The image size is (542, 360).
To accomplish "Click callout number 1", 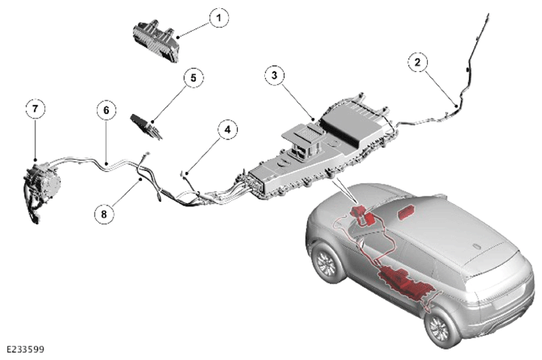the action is [218, 17].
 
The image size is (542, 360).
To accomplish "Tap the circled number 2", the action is [417, 62].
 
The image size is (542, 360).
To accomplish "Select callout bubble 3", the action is [275, 75].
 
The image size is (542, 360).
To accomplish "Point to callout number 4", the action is [227, 130].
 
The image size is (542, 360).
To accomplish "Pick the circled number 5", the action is [193, 78].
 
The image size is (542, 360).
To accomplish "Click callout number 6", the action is [106, 110].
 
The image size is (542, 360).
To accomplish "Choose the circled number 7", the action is [35, 109].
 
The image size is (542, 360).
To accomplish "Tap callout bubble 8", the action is [104, 214].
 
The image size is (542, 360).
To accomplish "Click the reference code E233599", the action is [26, 349].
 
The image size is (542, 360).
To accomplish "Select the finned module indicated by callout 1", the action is [156, 40].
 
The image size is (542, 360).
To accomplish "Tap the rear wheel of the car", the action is [441, 326].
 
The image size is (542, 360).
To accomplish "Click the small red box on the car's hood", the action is [408, 211].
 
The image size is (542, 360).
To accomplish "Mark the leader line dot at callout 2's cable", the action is [456, 105].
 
